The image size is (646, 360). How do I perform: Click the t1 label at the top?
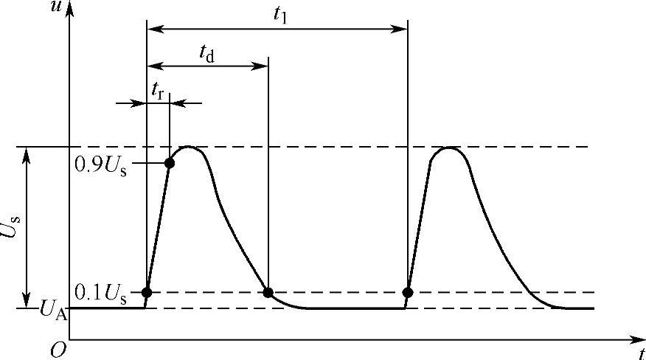click(280, 15)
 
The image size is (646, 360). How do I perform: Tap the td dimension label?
click(207, 53)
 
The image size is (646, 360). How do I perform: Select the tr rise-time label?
click(157, 90)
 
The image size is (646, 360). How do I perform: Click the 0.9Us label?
click(101, 164)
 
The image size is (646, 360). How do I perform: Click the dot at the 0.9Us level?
click(170, 163)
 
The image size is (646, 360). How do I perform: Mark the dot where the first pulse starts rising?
click(147, 293)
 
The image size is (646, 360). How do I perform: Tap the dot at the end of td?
click(268, 293)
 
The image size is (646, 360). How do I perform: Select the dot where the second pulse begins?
click(407, 293)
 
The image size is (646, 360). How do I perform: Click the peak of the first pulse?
click(190, 147)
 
